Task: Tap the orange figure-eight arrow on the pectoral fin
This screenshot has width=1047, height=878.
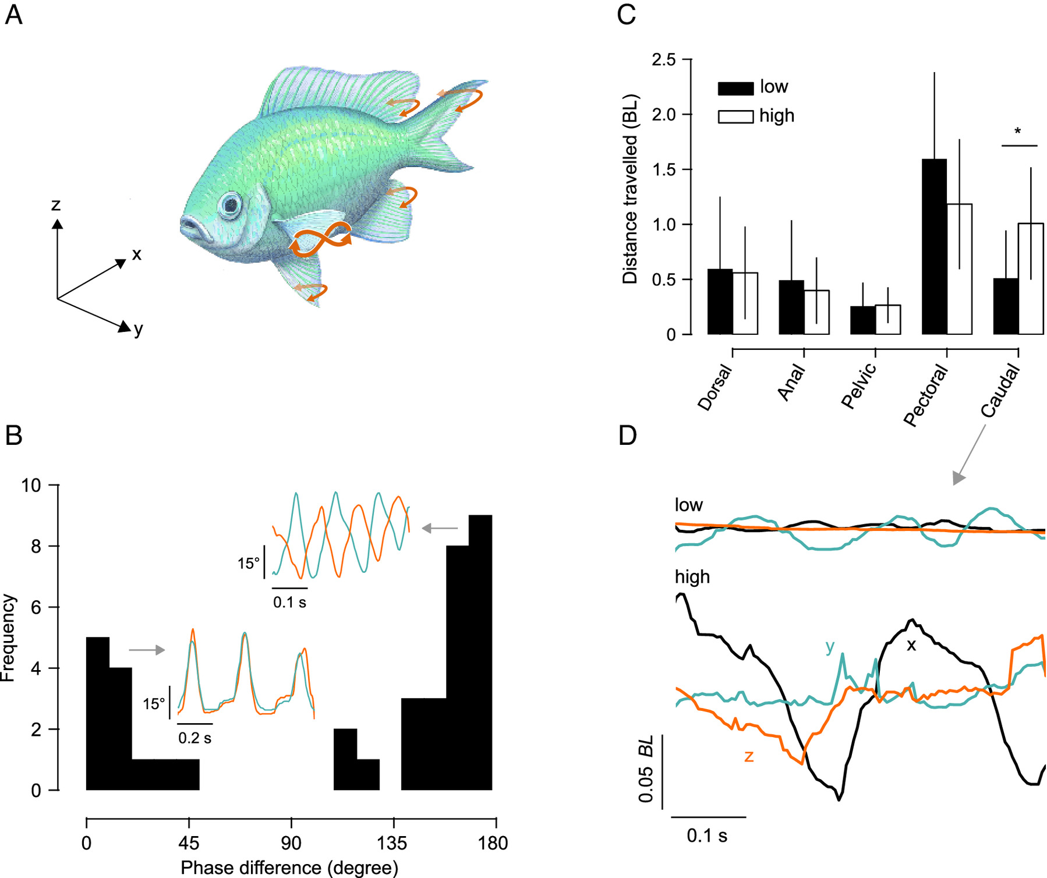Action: pyautogui.click(x=322, y=239)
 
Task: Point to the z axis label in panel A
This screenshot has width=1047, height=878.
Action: pyautogui.click(x=56, y=204)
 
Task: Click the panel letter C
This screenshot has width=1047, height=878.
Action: pyautogui.click(x=626, y=14)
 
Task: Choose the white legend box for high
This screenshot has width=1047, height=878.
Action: pyautogui.click(x=735, y=116)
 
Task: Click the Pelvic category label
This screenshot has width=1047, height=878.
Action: pyautogui.click(x=859, y=385)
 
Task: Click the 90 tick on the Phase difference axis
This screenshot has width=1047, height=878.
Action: pyautogui.click(x=291, y=843)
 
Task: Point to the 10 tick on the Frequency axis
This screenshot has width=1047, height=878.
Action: pyautogui.click(x=31, y=485)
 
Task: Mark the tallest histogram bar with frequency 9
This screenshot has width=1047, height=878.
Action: pyautogui.click(x=480, y=652)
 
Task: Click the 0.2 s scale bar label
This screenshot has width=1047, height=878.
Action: pyautogui.click(x=194, y=738)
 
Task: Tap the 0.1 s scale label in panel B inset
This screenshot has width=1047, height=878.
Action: pyautogui.click(x=289, y=602)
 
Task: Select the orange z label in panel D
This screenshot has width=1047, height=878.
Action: pyautogui.click(x=749, y=756)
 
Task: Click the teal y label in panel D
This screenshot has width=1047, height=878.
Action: pyautogui.click(x=830, y=646)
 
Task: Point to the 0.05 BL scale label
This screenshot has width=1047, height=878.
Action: pyautogui.click(x=646, y=769)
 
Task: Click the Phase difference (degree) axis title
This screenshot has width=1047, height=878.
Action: pyautogui.click(x=289, y=868)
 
